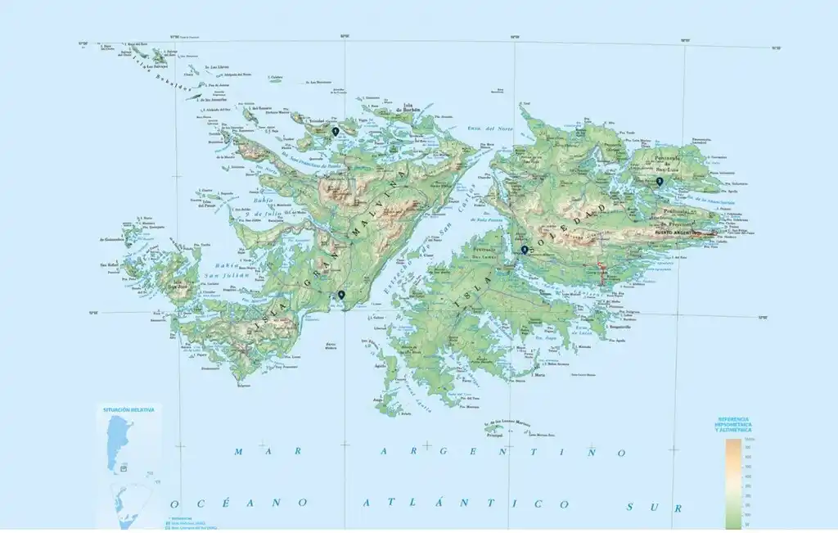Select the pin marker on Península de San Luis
[x=660, y=182]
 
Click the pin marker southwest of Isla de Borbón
[x=335, y=131]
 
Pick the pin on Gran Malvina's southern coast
[x=341, y=295]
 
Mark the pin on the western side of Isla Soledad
[x=525, y=250]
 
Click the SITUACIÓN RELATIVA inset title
[x=128, y=409]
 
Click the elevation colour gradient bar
[x=733, y=483]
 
